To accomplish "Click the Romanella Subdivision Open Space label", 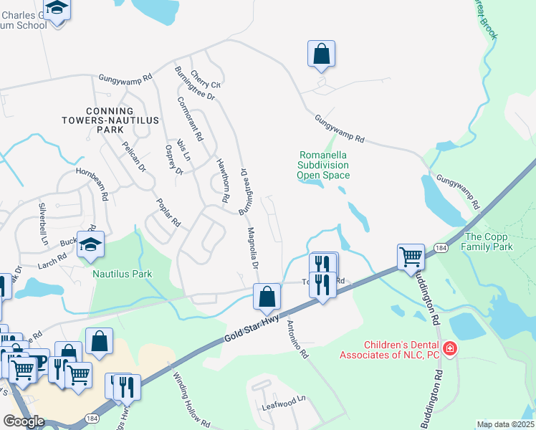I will (x=324, y=165).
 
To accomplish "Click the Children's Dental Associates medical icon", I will (x=449, y=349).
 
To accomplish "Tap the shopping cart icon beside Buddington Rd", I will (x=411, y=257).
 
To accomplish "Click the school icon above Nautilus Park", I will (x=91, y=245).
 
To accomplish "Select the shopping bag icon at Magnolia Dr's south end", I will (x=267, y=296).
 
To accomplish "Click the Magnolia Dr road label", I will (x=253, y=248).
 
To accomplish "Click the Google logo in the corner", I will (x=24, y=421).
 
